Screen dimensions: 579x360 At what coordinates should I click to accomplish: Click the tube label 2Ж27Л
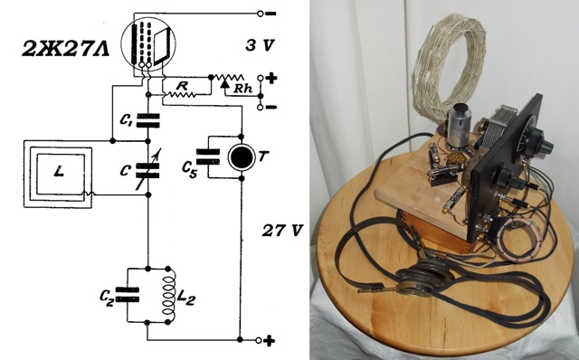[x=66, y=48]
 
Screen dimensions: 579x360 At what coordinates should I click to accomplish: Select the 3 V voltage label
[x=260, y=45]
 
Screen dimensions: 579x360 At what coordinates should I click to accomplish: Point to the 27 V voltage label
[x=282, y=231]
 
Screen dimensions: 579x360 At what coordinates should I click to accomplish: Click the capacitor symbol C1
[x=148, y=120]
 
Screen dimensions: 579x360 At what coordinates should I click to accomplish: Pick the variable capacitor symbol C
[x=148, y=170]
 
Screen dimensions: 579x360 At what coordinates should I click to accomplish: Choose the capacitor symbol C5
[x=208, y=156]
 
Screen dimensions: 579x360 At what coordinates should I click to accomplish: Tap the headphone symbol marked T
[x=242, y=157]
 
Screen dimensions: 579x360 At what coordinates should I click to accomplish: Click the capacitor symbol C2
[x=128, y=295]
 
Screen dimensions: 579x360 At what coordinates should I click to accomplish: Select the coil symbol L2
[x=169, y=296]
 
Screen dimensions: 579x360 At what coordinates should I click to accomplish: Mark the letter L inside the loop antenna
[x=59, y=171]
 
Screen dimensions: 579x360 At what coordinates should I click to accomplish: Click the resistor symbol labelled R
[x=181, y=95]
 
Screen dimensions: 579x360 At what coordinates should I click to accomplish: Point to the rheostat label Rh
[x=243, y=89]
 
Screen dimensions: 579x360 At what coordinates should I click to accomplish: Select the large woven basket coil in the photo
[x=451, y=69]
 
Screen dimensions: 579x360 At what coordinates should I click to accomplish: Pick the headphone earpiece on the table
[x=424, y=278]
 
